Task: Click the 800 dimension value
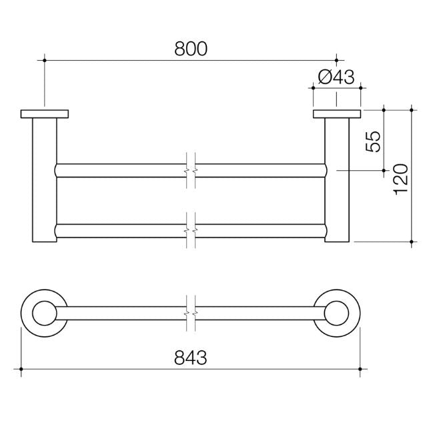(191, 48)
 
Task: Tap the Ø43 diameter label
(336, 76)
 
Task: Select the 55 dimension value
(375, 140)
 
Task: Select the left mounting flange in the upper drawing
(45, 114)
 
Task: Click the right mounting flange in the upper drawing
(336, 114)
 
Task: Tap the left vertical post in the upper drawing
(45, 180)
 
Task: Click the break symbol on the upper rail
(191, 169)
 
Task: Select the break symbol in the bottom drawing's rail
(191, 312)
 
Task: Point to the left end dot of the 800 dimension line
(45, 60)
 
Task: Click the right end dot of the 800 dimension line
(336, 60)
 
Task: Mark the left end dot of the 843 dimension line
(22, 368)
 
